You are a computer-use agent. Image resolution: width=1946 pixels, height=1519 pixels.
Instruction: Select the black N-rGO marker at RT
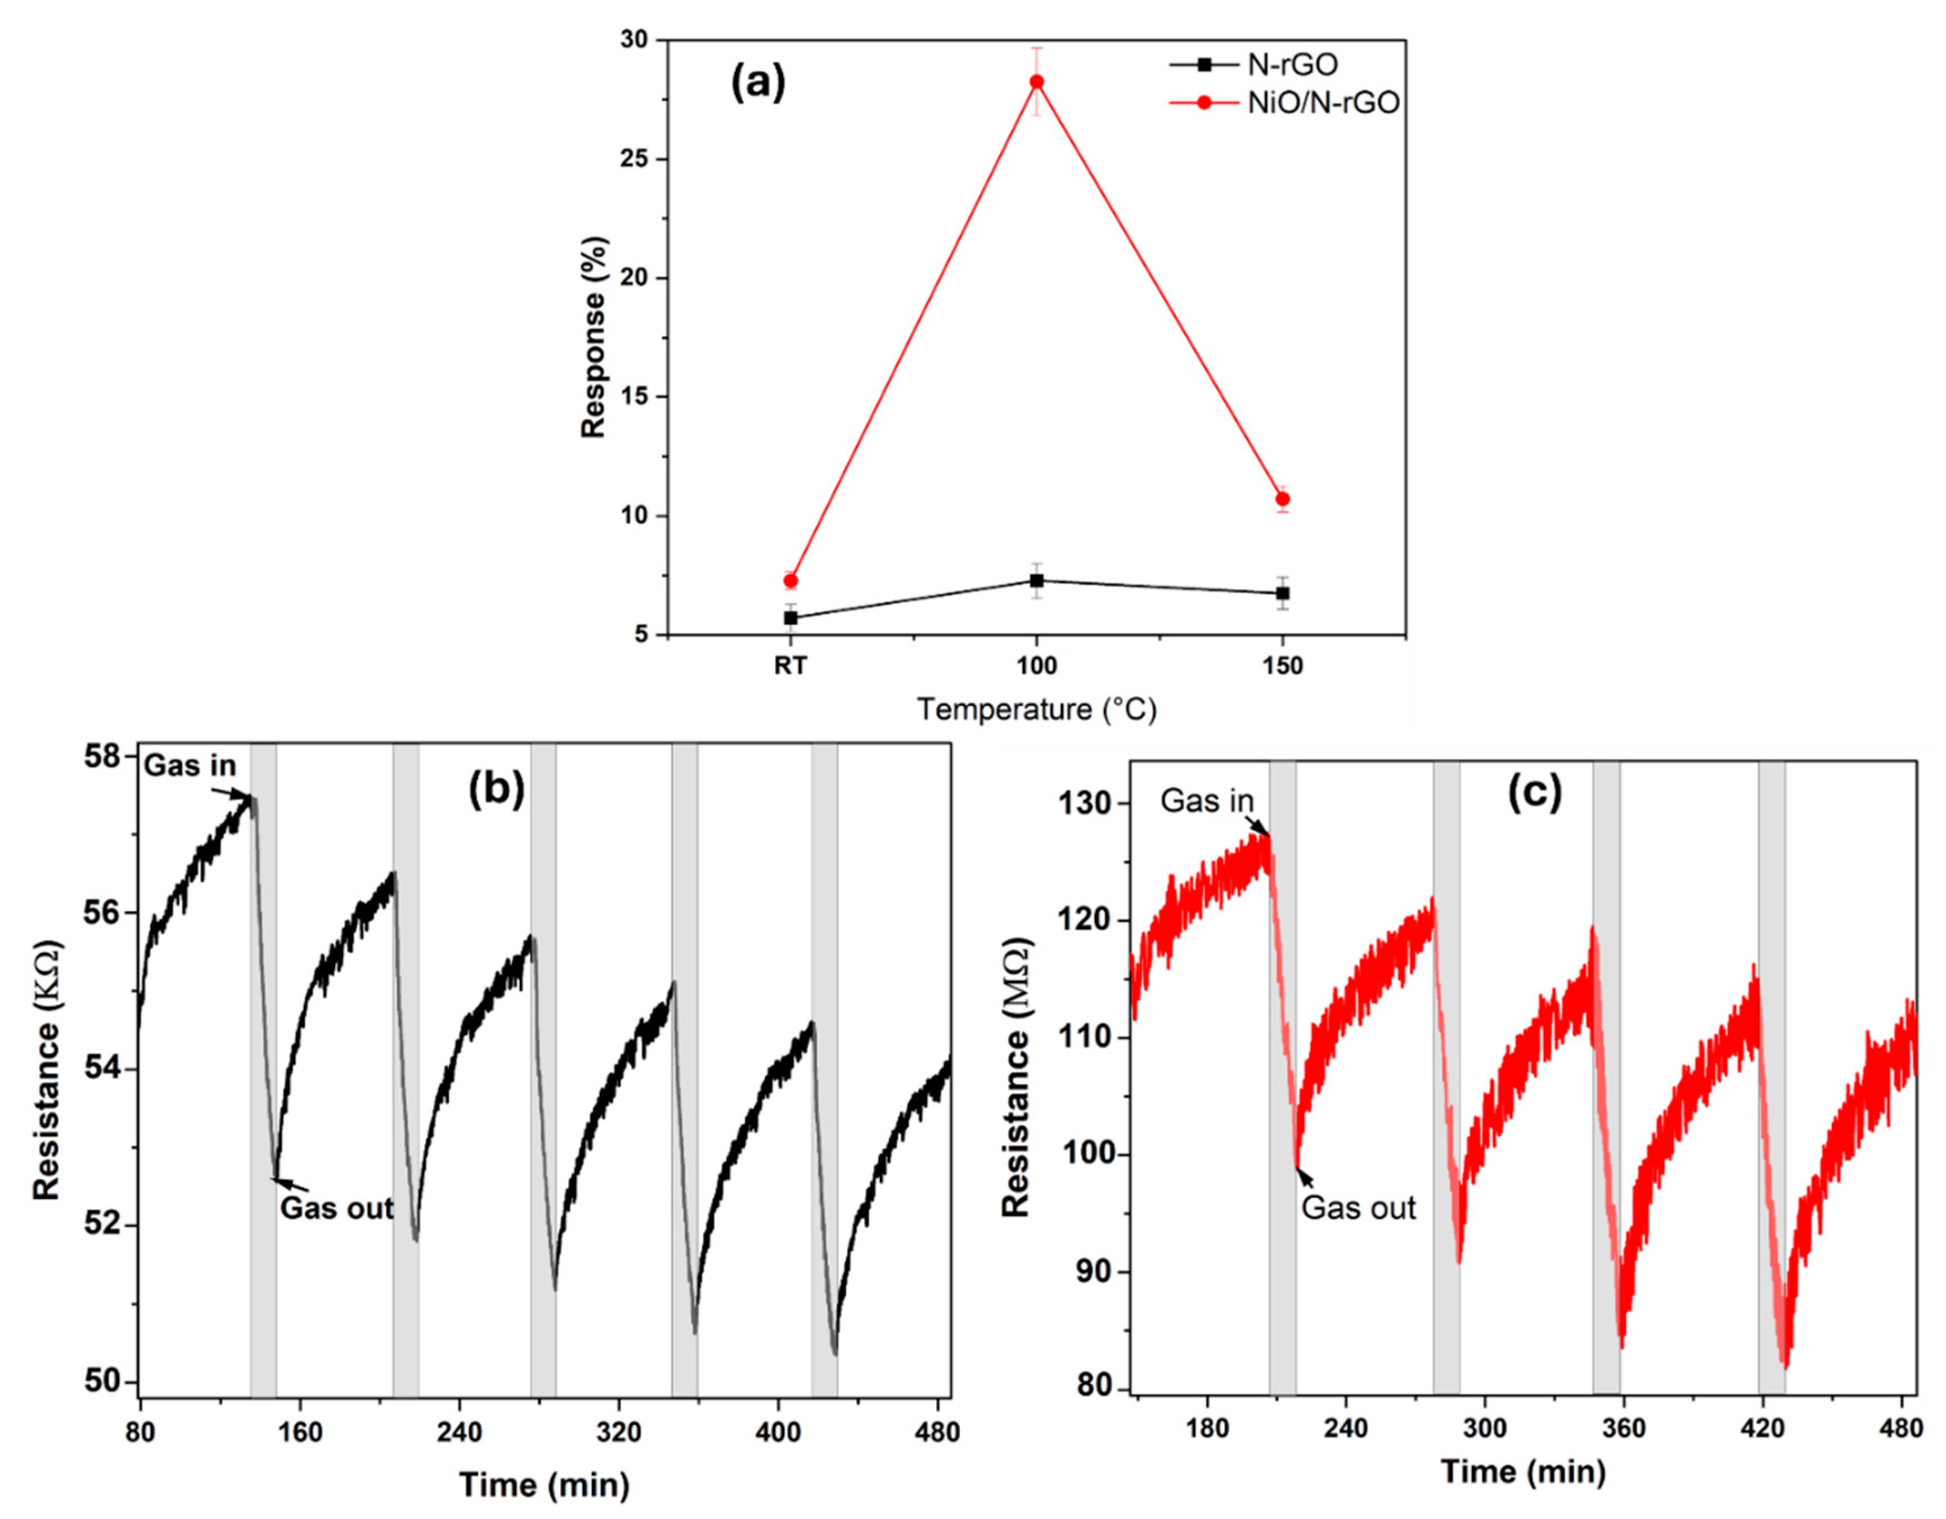click(x=790, y=617)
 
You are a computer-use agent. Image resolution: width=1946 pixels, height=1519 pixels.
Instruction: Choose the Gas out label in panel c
click(x=1358, y=1208)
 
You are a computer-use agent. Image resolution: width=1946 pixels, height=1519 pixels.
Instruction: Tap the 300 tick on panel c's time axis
click(x=1485, y=1427)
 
